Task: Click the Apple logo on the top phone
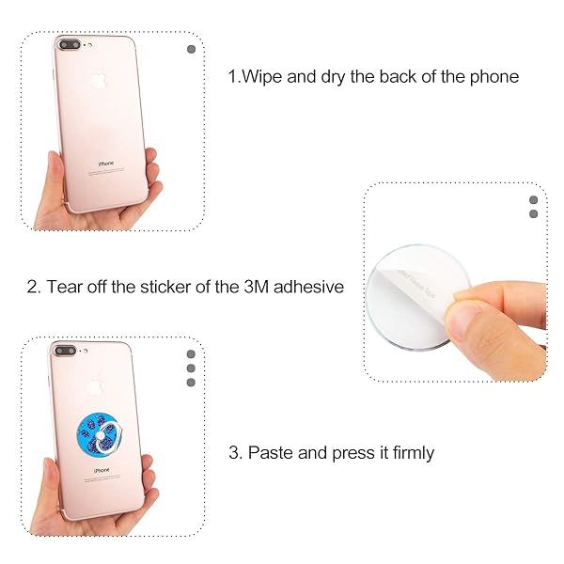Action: point(99,81)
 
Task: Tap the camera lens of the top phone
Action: point(67,43)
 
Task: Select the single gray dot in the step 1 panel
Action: point(192,48)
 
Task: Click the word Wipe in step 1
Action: point(264,76)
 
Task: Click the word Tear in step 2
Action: point(68,287)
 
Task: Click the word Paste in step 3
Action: point(271,452)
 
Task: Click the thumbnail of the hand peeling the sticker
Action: point(455,282)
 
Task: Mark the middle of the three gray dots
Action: point(191,368)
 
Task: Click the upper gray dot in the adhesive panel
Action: point(533,199)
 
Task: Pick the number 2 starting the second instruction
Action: point(31,287)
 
